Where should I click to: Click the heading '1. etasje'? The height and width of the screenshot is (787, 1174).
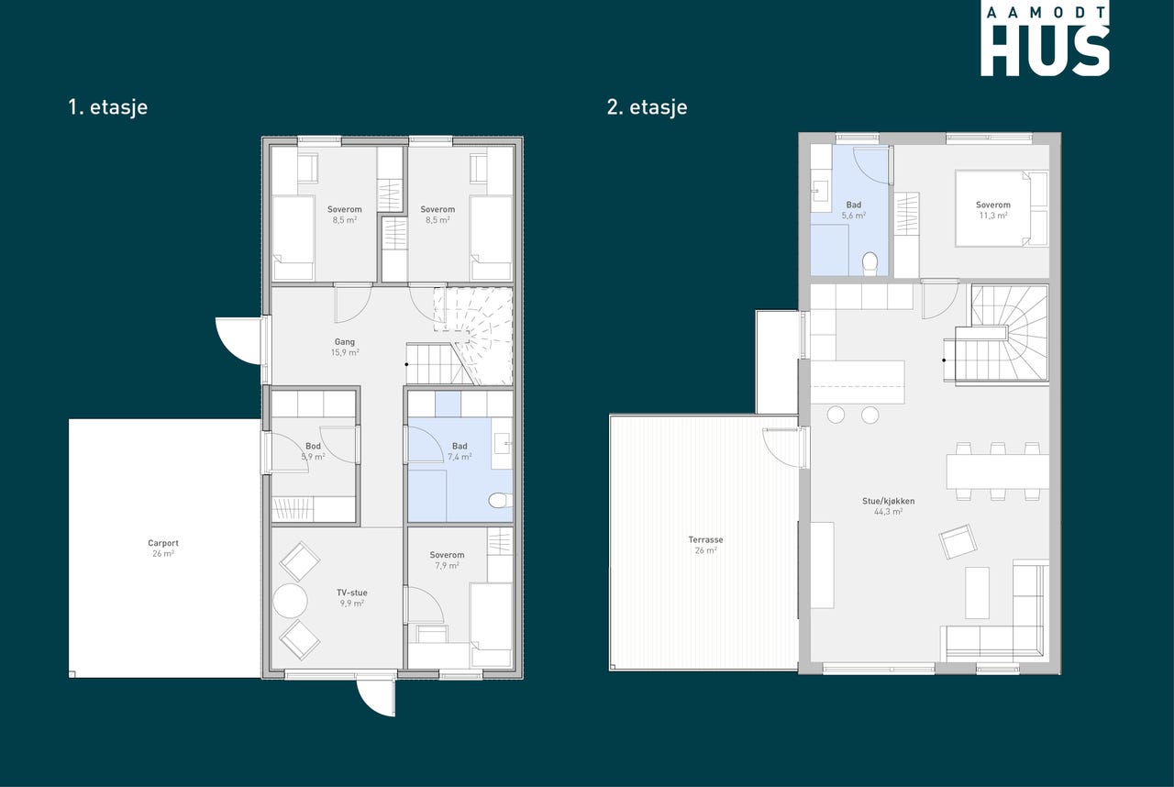[x=108, y=107]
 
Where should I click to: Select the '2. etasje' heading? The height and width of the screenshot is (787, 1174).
[x=647, y=107]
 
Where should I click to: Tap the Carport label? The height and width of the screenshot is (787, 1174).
[x=163, y=543]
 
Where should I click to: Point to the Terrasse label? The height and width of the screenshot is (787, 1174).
[x=705, y=539]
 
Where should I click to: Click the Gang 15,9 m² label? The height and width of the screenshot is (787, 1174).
[x=344, y=348]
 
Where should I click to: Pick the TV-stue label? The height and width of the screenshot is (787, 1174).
[x=351, y=593]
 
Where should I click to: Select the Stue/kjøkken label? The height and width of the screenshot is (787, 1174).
[x=889, y=502]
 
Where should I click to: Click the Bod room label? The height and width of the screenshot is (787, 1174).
[x=313, y=447]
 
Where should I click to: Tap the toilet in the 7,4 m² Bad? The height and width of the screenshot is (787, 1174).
[x=500, y=501]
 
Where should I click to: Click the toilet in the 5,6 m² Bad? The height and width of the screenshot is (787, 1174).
[x=870, y=263]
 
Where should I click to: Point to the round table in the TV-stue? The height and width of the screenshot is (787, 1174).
[x=290, y=601]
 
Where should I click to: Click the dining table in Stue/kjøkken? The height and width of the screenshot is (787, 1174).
[x=997, y=471]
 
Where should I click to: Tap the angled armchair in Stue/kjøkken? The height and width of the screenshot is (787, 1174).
[x=958, y=541]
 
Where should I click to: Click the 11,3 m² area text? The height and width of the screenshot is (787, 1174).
[x=993, y=216]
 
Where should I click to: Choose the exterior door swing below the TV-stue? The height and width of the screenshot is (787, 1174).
[x=376, y=698]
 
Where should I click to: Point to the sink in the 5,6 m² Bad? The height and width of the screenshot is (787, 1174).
[x=819, y=192]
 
